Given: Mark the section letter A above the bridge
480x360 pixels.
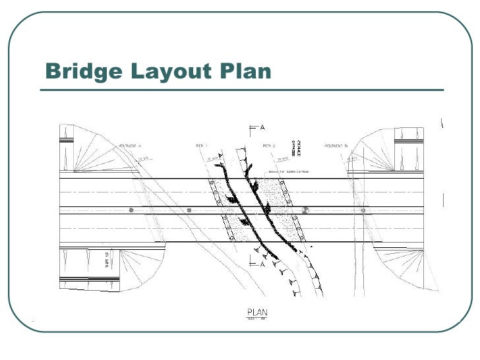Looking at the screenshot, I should [x=262, y=127].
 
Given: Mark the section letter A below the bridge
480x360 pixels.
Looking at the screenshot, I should [x=262, y=264].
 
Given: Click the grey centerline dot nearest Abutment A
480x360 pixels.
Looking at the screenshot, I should [x=131, y=210].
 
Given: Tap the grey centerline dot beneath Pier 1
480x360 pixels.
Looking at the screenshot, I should [x=189, y=210].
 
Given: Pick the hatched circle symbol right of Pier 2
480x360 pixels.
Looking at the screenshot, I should [x=305, y=210].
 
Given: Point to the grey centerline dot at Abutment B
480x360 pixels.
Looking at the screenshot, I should [x=363, y=210].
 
